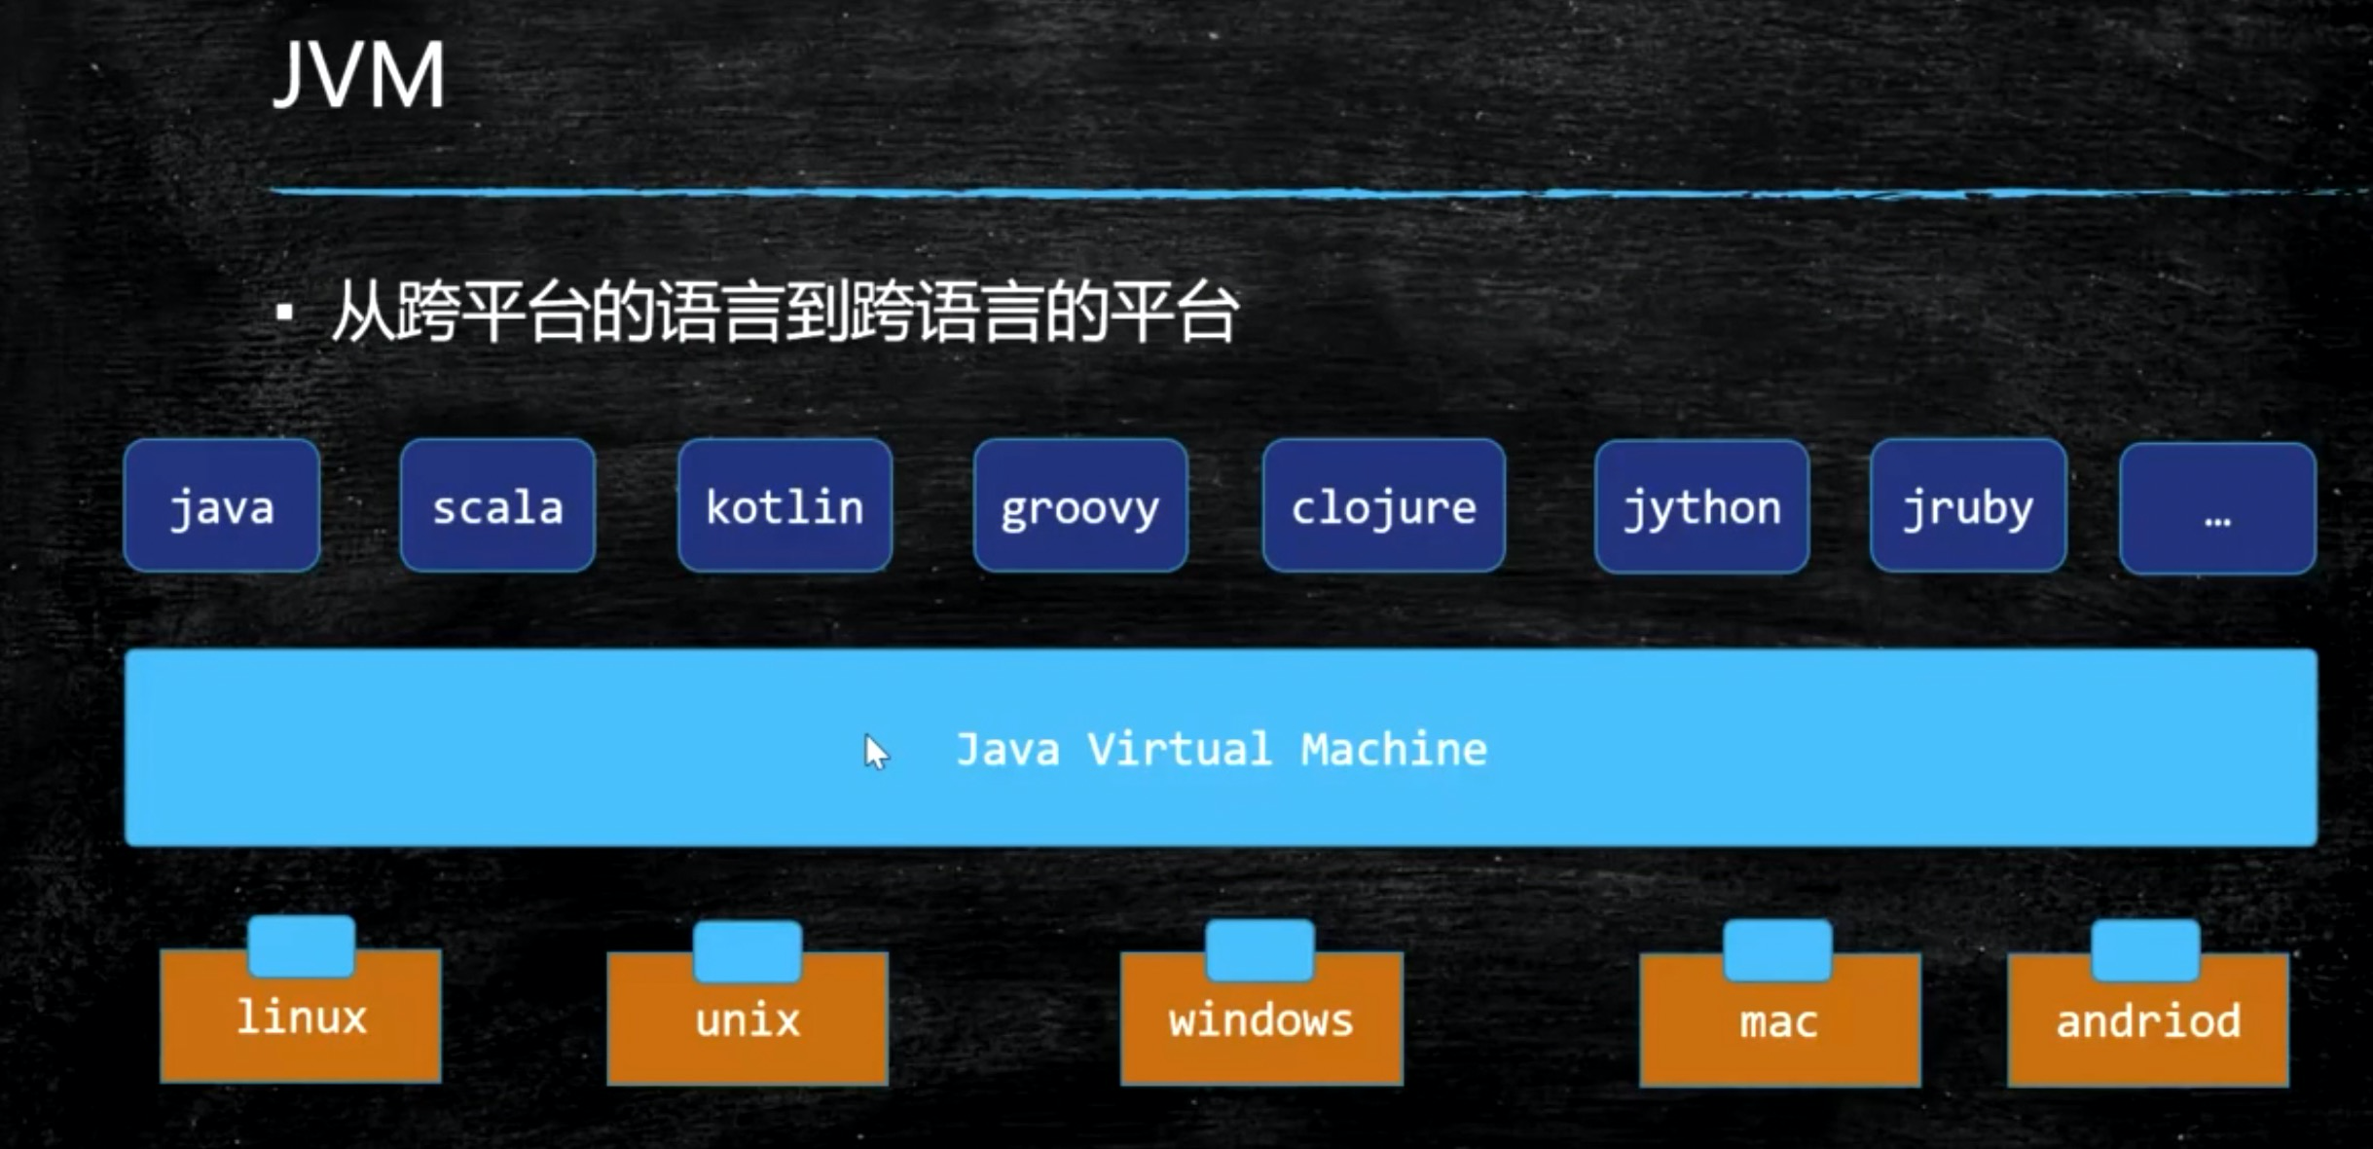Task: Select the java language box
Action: pos(222,505)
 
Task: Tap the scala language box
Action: pos(497,505)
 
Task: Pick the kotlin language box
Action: pos(785,505)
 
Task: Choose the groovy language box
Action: pos(1080,505)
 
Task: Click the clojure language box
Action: pos(1383,505)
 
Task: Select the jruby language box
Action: pos(1968,505)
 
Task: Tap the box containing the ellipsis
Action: pos(2217,508)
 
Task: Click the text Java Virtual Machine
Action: pos(1221,749)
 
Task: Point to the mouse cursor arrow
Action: pos(875,752)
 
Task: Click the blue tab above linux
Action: pos(301,945)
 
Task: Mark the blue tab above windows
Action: pos(1260,948)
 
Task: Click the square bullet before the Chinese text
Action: pos(284,313)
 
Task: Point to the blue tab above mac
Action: pos(1778,949)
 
